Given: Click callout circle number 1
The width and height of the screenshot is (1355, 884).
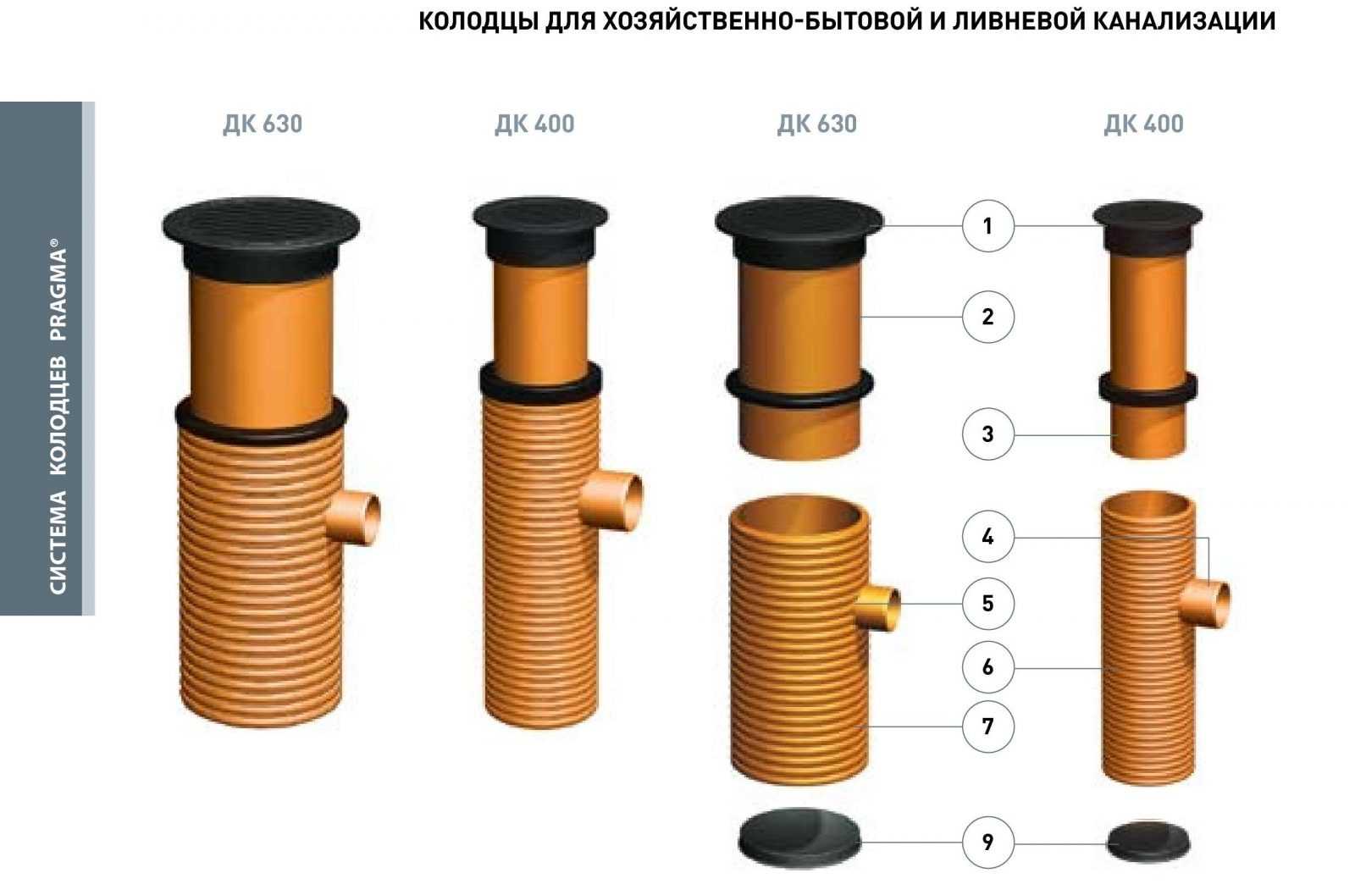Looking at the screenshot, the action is coord(987,225).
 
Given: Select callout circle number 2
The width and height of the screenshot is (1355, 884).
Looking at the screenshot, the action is coord(987,317).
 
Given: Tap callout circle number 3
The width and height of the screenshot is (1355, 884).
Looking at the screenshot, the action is coord(987,434).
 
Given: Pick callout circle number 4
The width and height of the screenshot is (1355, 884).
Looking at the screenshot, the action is coord(987,537).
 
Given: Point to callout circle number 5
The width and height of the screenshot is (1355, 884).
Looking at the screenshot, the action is coord(987,604).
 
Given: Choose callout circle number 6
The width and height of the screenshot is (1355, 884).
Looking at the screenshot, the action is coord(987,667).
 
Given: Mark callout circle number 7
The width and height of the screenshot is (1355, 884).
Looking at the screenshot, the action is coord(987,727).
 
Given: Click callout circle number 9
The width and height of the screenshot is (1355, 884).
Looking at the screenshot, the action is coord(987,843).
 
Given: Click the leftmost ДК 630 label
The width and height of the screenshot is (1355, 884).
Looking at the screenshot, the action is coord(263,124).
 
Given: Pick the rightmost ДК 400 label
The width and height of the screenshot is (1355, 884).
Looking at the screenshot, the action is coord(1144,124).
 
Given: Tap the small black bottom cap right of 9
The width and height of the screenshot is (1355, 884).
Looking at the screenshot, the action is coord(1148,841).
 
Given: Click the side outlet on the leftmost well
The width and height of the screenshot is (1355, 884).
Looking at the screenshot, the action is coord(354,519).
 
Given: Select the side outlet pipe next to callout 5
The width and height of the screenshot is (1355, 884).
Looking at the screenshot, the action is coord(877,607).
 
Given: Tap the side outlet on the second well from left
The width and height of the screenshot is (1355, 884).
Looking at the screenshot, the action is coord(611,502).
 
